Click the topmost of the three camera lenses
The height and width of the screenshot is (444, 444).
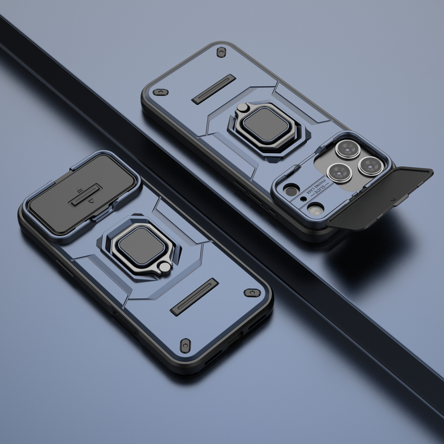(348, 149)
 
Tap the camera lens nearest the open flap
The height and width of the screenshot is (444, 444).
(371, 166)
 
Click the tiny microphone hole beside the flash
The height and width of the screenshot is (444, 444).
(303, 198)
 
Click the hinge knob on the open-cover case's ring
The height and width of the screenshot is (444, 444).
(244, 107)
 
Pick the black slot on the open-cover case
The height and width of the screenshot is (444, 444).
(214, 89)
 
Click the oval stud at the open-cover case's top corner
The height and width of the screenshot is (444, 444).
(220, 52)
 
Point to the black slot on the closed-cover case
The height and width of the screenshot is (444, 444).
(194, 297)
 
